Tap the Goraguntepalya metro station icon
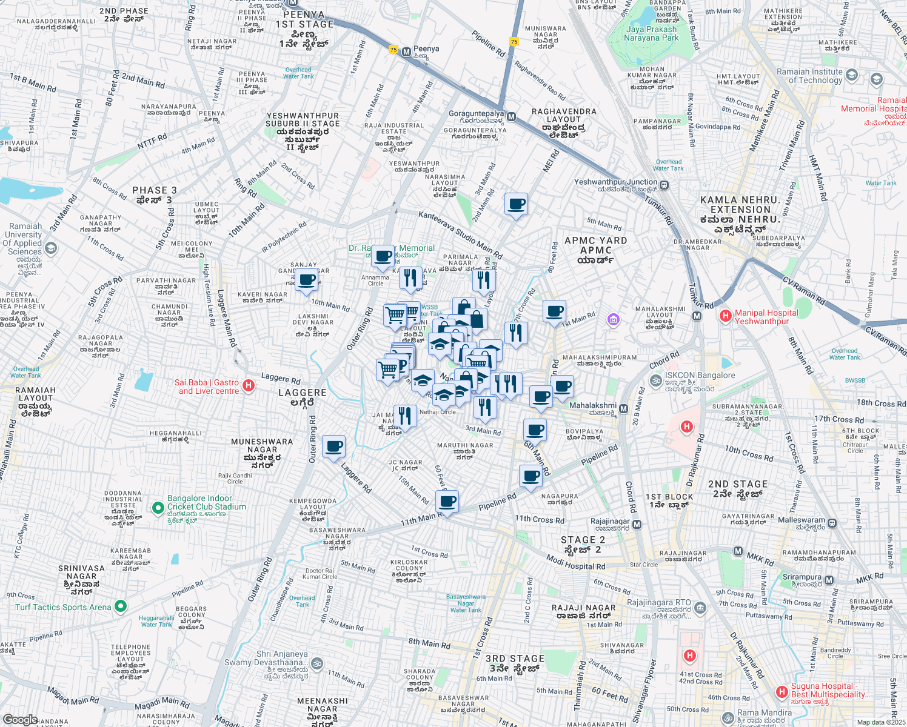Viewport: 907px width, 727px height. click(x=512, y=116)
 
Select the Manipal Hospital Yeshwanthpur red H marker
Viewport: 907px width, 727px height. click(x=725, y=316)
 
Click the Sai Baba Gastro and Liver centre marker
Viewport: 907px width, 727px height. click(x=248, y=385)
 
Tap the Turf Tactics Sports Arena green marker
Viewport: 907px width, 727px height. click(x=121, y=606)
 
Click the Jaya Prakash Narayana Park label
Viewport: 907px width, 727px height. click(x=652, y=33)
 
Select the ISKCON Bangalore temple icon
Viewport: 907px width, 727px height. click(x=655, y=380)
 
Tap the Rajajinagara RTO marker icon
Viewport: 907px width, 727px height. click(x=700, y=607)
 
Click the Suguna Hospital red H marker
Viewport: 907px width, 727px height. click(x=782, y=691)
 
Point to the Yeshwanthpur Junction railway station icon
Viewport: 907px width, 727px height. click(x=665, y=185)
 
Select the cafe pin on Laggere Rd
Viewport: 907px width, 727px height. click(x=333, y=447)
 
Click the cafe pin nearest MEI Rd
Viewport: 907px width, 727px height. click(x=516, y=204)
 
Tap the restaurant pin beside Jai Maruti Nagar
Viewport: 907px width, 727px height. click(x=405, y=416)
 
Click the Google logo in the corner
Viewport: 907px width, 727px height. click(x=20, y=719)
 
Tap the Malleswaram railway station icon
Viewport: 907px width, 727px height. click(x=832, y=523)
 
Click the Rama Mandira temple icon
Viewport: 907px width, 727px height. click(x=728, y=718)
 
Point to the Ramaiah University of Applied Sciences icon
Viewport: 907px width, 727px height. click(x=51, y=248)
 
